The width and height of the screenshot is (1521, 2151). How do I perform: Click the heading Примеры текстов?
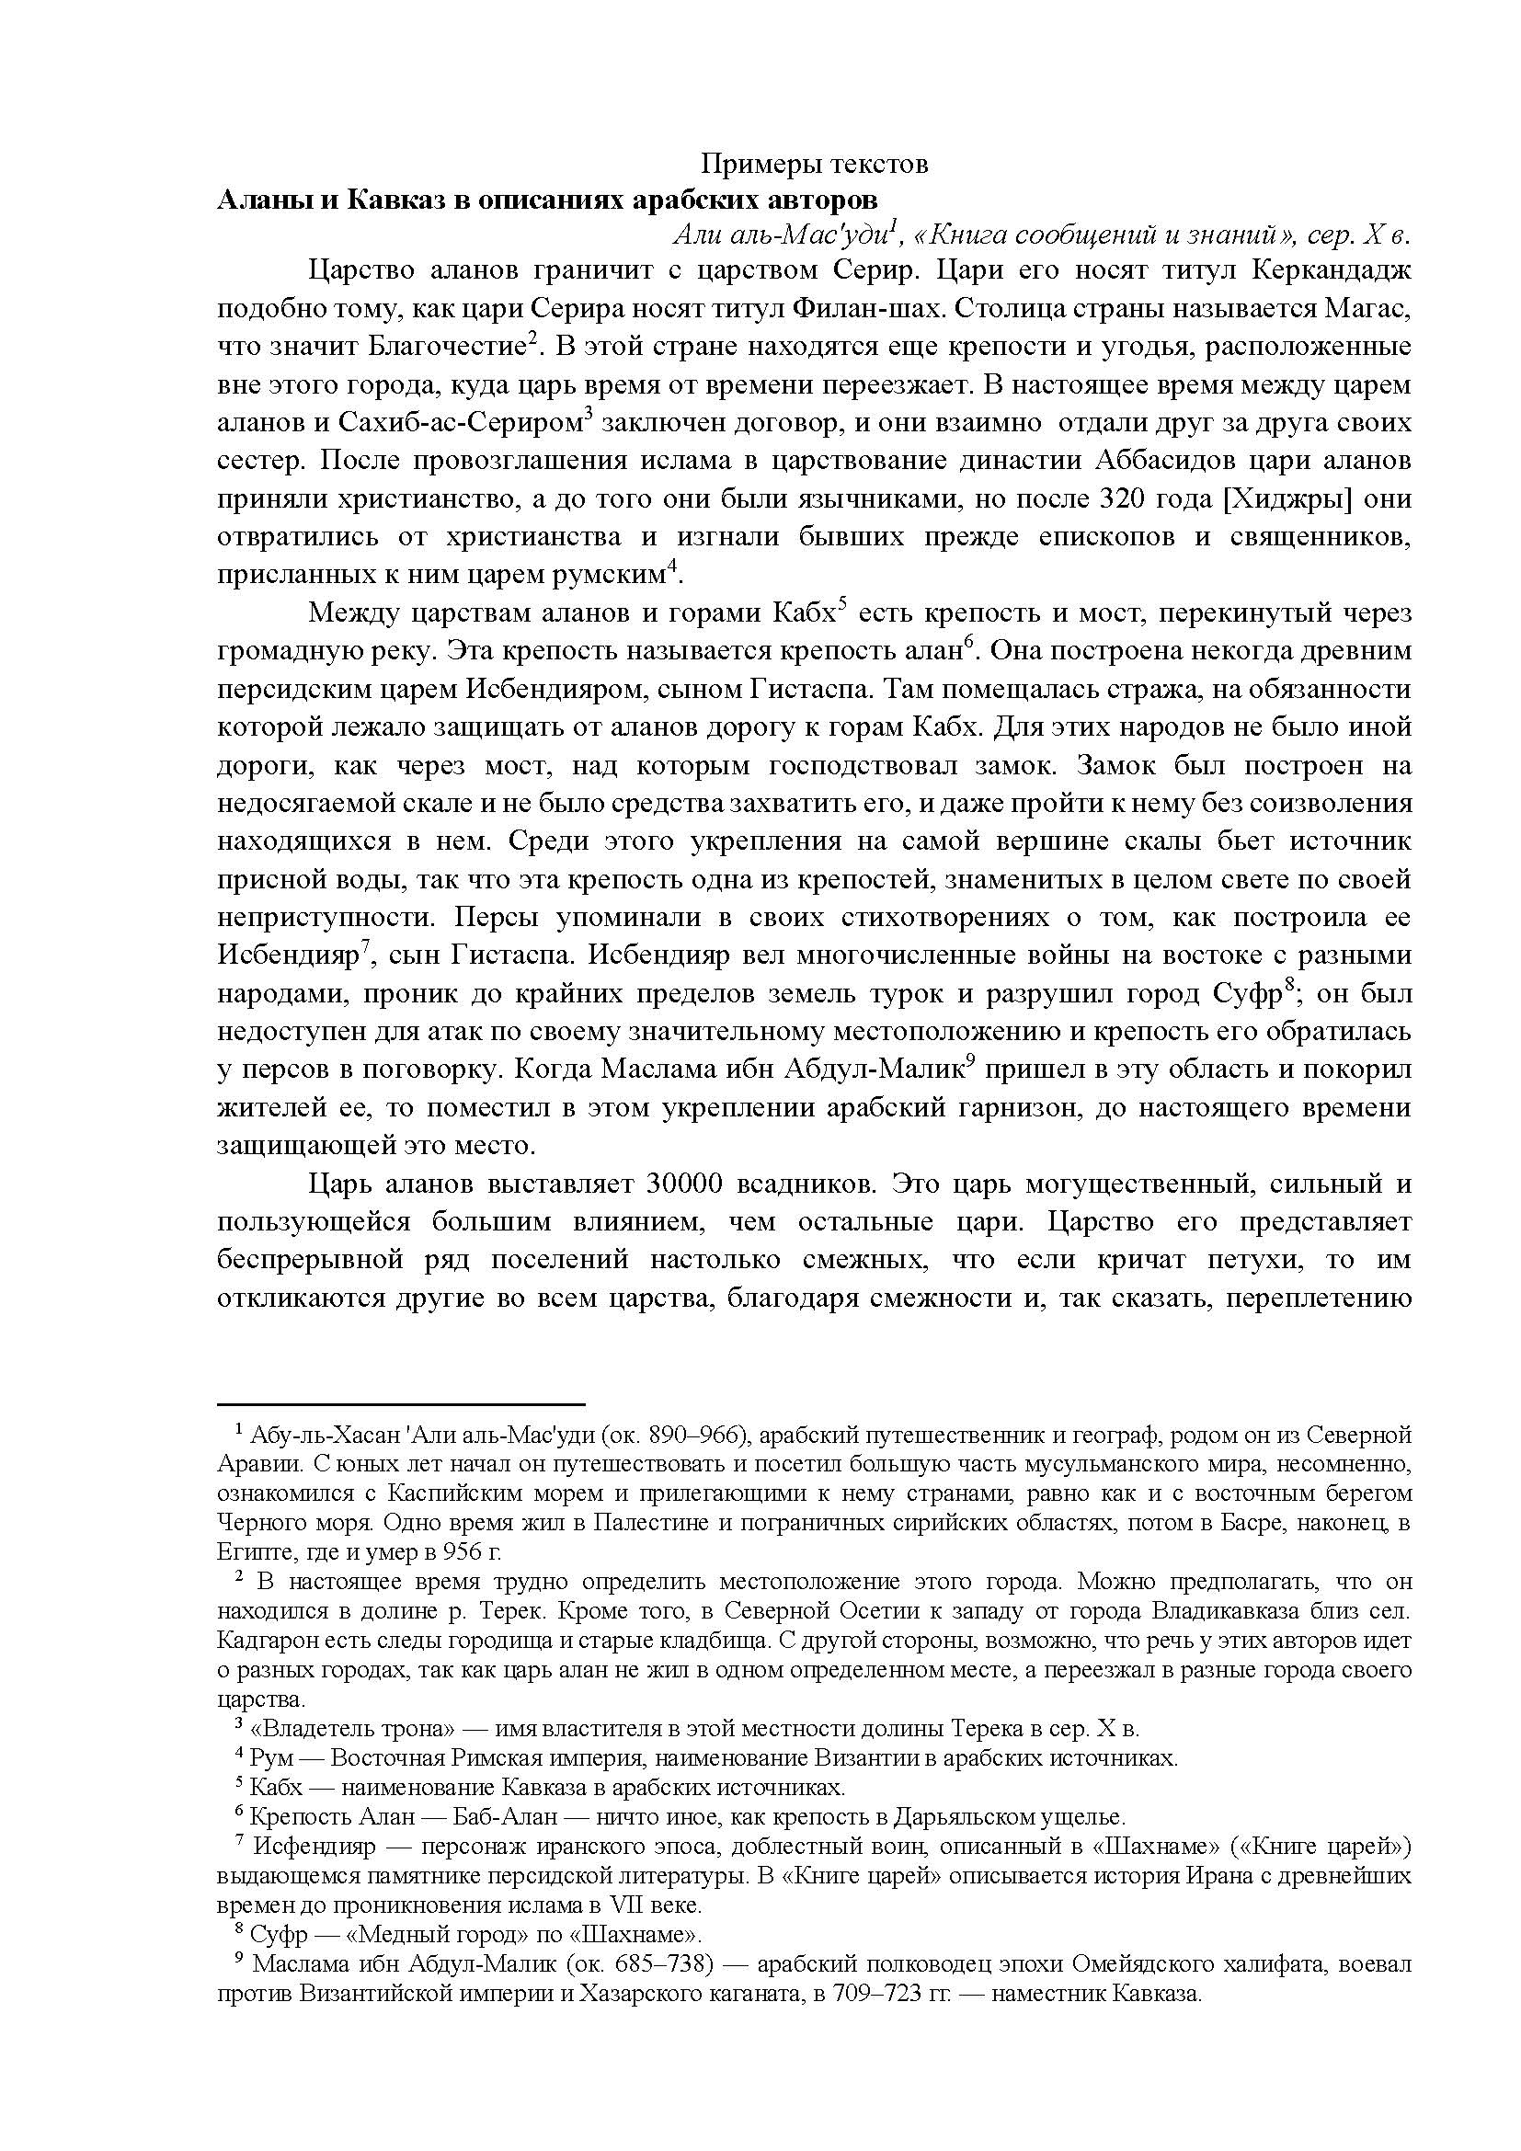815,165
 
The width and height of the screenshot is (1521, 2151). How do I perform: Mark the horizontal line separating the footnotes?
401,1405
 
